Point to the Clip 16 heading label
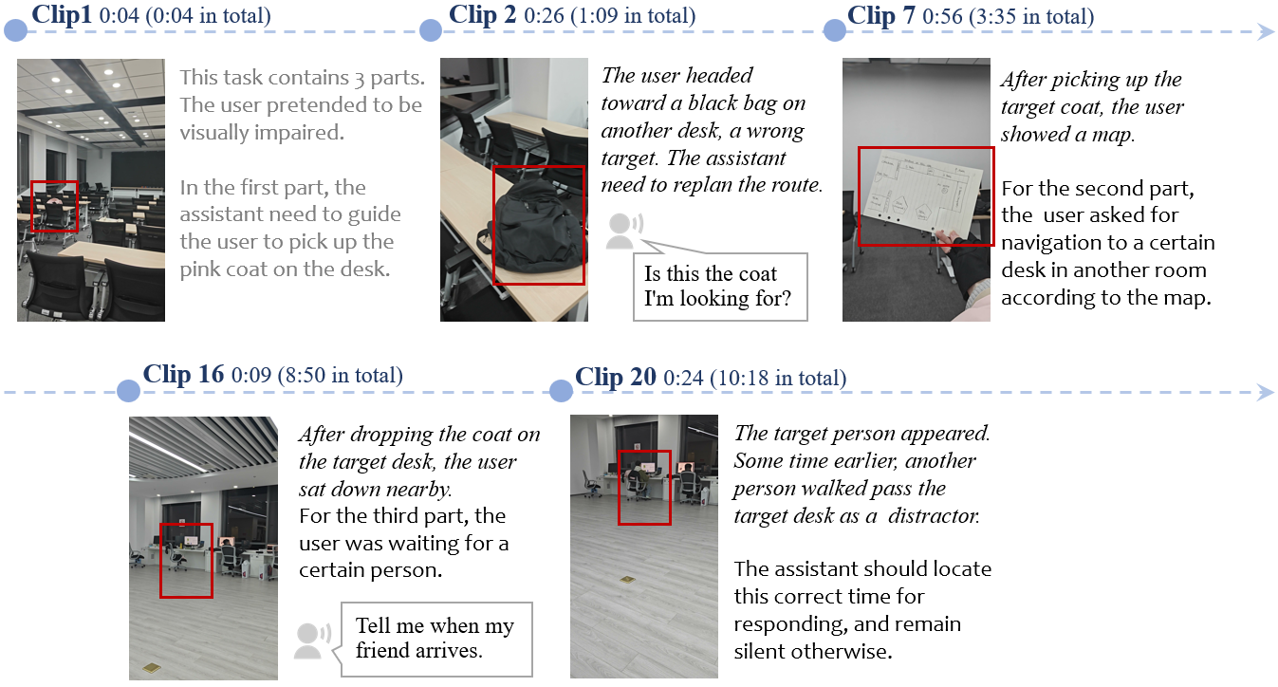pyautogui.click(x=183, y=375)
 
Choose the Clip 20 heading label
pyautogui.click(x=616, y=377)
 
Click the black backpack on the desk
pyautogui.click(x=537, y=228)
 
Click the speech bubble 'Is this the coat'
pyautogui.click(x=718, y=288)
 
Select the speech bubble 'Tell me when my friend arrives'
pyautogui.click(x=435, y=638)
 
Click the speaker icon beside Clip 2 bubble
pyautogui.click(x=622, y=231)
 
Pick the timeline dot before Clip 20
pyautogui.click(x=562, y=391)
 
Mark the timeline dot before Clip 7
pyautogui.click(x=834, y=31)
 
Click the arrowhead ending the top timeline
pyautogui.click(x=1265, y=32)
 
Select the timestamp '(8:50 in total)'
pyautogui.click(x=340, y=376)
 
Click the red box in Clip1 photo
pyautogui.click(x=53, y=206)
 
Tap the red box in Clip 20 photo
pyautogui.click(x=644, y=487)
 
